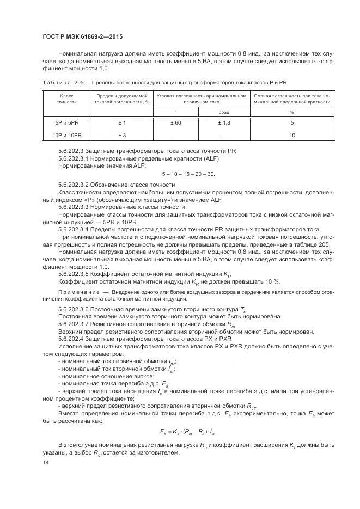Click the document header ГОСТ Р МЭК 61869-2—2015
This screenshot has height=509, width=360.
tap(82, 36)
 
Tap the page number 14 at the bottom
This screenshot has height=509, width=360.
tap(45, 462)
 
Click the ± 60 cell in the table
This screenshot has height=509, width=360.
tap(175, 123)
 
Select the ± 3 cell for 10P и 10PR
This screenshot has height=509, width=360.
tap(122, 135)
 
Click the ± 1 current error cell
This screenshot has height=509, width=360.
tap(122, 123)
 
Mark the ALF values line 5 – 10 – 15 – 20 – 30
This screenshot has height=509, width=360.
tap(188, 174)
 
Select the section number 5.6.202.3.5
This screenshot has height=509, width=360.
tap(77, 274)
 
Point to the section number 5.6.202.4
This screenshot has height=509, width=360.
tap(74, 339)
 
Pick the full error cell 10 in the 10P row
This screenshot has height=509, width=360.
tap(291, 135)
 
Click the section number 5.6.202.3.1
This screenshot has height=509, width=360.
tap(77, 158)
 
